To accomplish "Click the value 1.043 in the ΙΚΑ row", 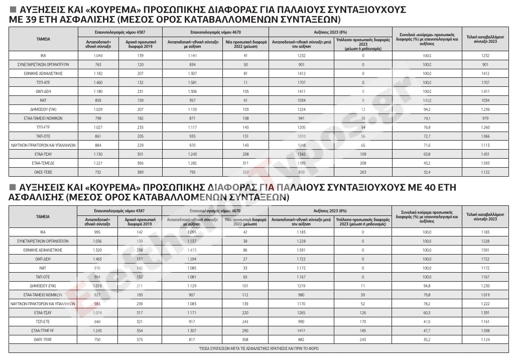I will pos(98,55).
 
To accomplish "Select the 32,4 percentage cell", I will pos(427,172).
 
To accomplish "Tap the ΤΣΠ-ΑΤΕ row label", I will pos(43,82).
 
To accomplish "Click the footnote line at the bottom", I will pos(259,348).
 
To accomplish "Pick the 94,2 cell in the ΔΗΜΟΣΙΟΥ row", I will pos(427,109).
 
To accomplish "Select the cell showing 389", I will pos(141,172).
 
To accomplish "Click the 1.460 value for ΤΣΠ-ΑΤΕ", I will pos(98,82).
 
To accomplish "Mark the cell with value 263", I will pos(363,172).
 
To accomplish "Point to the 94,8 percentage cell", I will pos(427,285).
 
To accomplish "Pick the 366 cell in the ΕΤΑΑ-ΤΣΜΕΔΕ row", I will pos(141,163).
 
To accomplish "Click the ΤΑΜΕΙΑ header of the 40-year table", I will pos(43,217).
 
